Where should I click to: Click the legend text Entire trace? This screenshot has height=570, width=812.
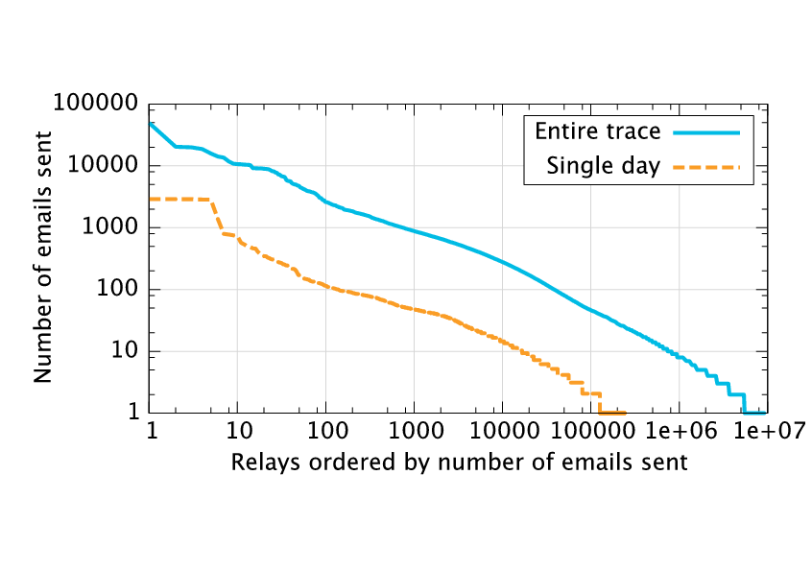[597, 131]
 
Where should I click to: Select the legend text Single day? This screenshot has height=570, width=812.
[604, 166]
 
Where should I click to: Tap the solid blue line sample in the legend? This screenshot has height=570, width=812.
[707, 131]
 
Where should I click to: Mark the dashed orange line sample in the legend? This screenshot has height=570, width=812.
[707, 167]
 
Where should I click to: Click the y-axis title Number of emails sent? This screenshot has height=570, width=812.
[43, 258]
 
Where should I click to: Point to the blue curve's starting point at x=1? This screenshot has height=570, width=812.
[151, 123]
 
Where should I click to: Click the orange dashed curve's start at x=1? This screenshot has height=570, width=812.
[151, 199]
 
